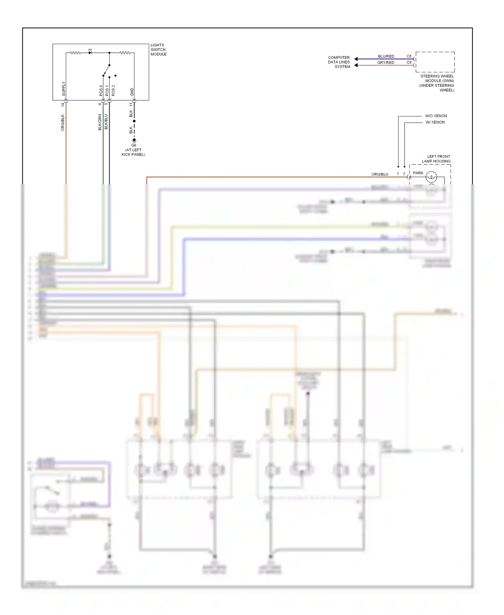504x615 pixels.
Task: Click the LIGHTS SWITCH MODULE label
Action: point(158,49)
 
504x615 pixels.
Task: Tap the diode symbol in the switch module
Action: point(90,53)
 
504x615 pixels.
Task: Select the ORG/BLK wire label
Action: point(63,122)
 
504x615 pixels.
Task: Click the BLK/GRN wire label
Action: point(100,122)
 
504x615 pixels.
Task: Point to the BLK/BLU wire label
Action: point(106,122)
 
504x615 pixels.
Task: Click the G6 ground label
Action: point(134,145)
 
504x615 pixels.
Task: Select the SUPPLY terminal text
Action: point(64,89)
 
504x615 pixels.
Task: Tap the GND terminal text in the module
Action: point(132,92)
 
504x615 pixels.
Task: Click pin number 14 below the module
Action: point(63,105)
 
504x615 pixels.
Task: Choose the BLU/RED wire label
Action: point(386,56)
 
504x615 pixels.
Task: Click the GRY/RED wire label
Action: point(386,63)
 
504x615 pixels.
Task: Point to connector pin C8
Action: point(409,56)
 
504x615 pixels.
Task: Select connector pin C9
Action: point(409,62)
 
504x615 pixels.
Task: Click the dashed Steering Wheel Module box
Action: point(435,62)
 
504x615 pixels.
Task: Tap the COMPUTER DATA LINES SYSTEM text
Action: point(339,62)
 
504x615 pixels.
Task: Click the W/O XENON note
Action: point(436,116)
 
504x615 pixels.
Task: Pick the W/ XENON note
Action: point(435,122)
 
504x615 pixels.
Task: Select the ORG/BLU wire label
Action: point(380,174)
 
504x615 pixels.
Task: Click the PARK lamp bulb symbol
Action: point(431,176)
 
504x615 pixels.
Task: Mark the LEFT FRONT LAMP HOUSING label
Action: point(436,159)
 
